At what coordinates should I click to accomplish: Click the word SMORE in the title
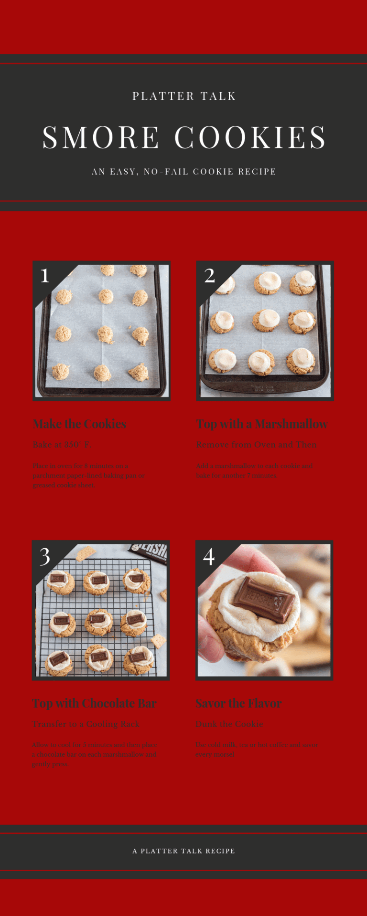click(101, 137)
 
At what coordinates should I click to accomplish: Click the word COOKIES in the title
click(250, 137)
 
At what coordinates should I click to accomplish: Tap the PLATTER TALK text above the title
click(184, 96)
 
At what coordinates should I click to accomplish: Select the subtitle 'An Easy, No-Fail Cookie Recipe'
click(184, 172)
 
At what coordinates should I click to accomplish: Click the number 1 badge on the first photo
click(45, 276)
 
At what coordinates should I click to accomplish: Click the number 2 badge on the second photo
click(209, 276)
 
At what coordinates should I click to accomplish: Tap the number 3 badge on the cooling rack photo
click(44, 556)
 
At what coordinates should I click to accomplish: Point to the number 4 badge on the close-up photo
click(209, 556)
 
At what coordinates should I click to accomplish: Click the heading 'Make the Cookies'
click(79, 424)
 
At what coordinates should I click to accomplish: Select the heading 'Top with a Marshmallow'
click(262, 424)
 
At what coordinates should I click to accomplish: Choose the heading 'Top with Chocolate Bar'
click(94, 704)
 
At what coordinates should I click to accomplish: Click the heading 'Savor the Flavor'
click(238, 704)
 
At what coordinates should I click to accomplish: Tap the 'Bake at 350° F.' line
click(62, 445)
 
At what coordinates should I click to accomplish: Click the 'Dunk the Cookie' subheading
click(229, 724)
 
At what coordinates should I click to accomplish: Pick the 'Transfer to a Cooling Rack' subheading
click(86, 724)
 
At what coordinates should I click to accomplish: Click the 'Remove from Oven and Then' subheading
click(256, 445)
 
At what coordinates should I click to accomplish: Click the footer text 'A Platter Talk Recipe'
click(184, 851)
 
